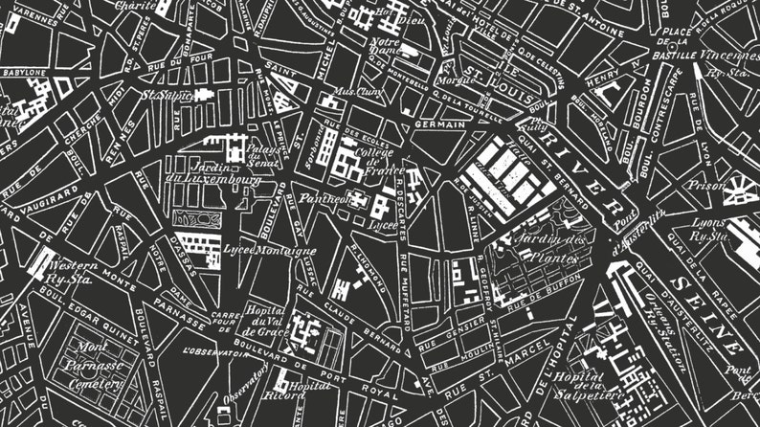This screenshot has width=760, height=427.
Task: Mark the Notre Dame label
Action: [385, 49]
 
